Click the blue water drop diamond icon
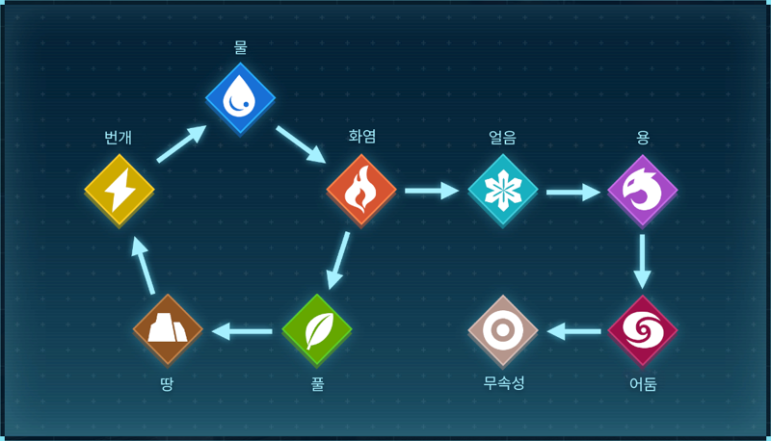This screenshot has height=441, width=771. tap(240, 98)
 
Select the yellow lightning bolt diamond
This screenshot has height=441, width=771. tap(120, 190)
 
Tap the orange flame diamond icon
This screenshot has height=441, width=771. tap(361, 190)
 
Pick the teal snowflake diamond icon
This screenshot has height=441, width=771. tap(502, 190)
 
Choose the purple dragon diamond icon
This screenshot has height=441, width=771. tap(643, 190)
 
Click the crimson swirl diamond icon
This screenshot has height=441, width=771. tap(643, 330)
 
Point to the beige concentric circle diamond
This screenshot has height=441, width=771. tap(502, 330)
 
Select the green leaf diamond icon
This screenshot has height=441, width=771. tap(317, 330)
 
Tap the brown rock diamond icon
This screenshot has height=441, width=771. tap(168, 330)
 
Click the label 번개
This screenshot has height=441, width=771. tap(118, 137)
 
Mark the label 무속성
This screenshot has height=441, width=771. tap(503, 382)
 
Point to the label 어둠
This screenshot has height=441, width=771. tap(643, 383)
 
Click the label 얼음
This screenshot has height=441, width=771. tap(502, 137)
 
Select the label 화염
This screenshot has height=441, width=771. tap(362, 136)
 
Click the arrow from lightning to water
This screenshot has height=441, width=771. tap(181, 143)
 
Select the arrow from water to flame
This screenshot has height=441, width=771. tap(301, 144)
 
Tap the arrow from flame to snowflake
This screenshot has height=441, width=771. tap(432, 191)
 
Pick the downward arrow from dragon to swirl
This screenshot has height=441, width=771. tap(642, 262)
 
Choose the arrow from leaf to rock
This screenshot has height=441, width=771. tap(242, 331)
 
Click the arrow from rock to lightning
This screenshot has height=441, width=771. tap(144, 266)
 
